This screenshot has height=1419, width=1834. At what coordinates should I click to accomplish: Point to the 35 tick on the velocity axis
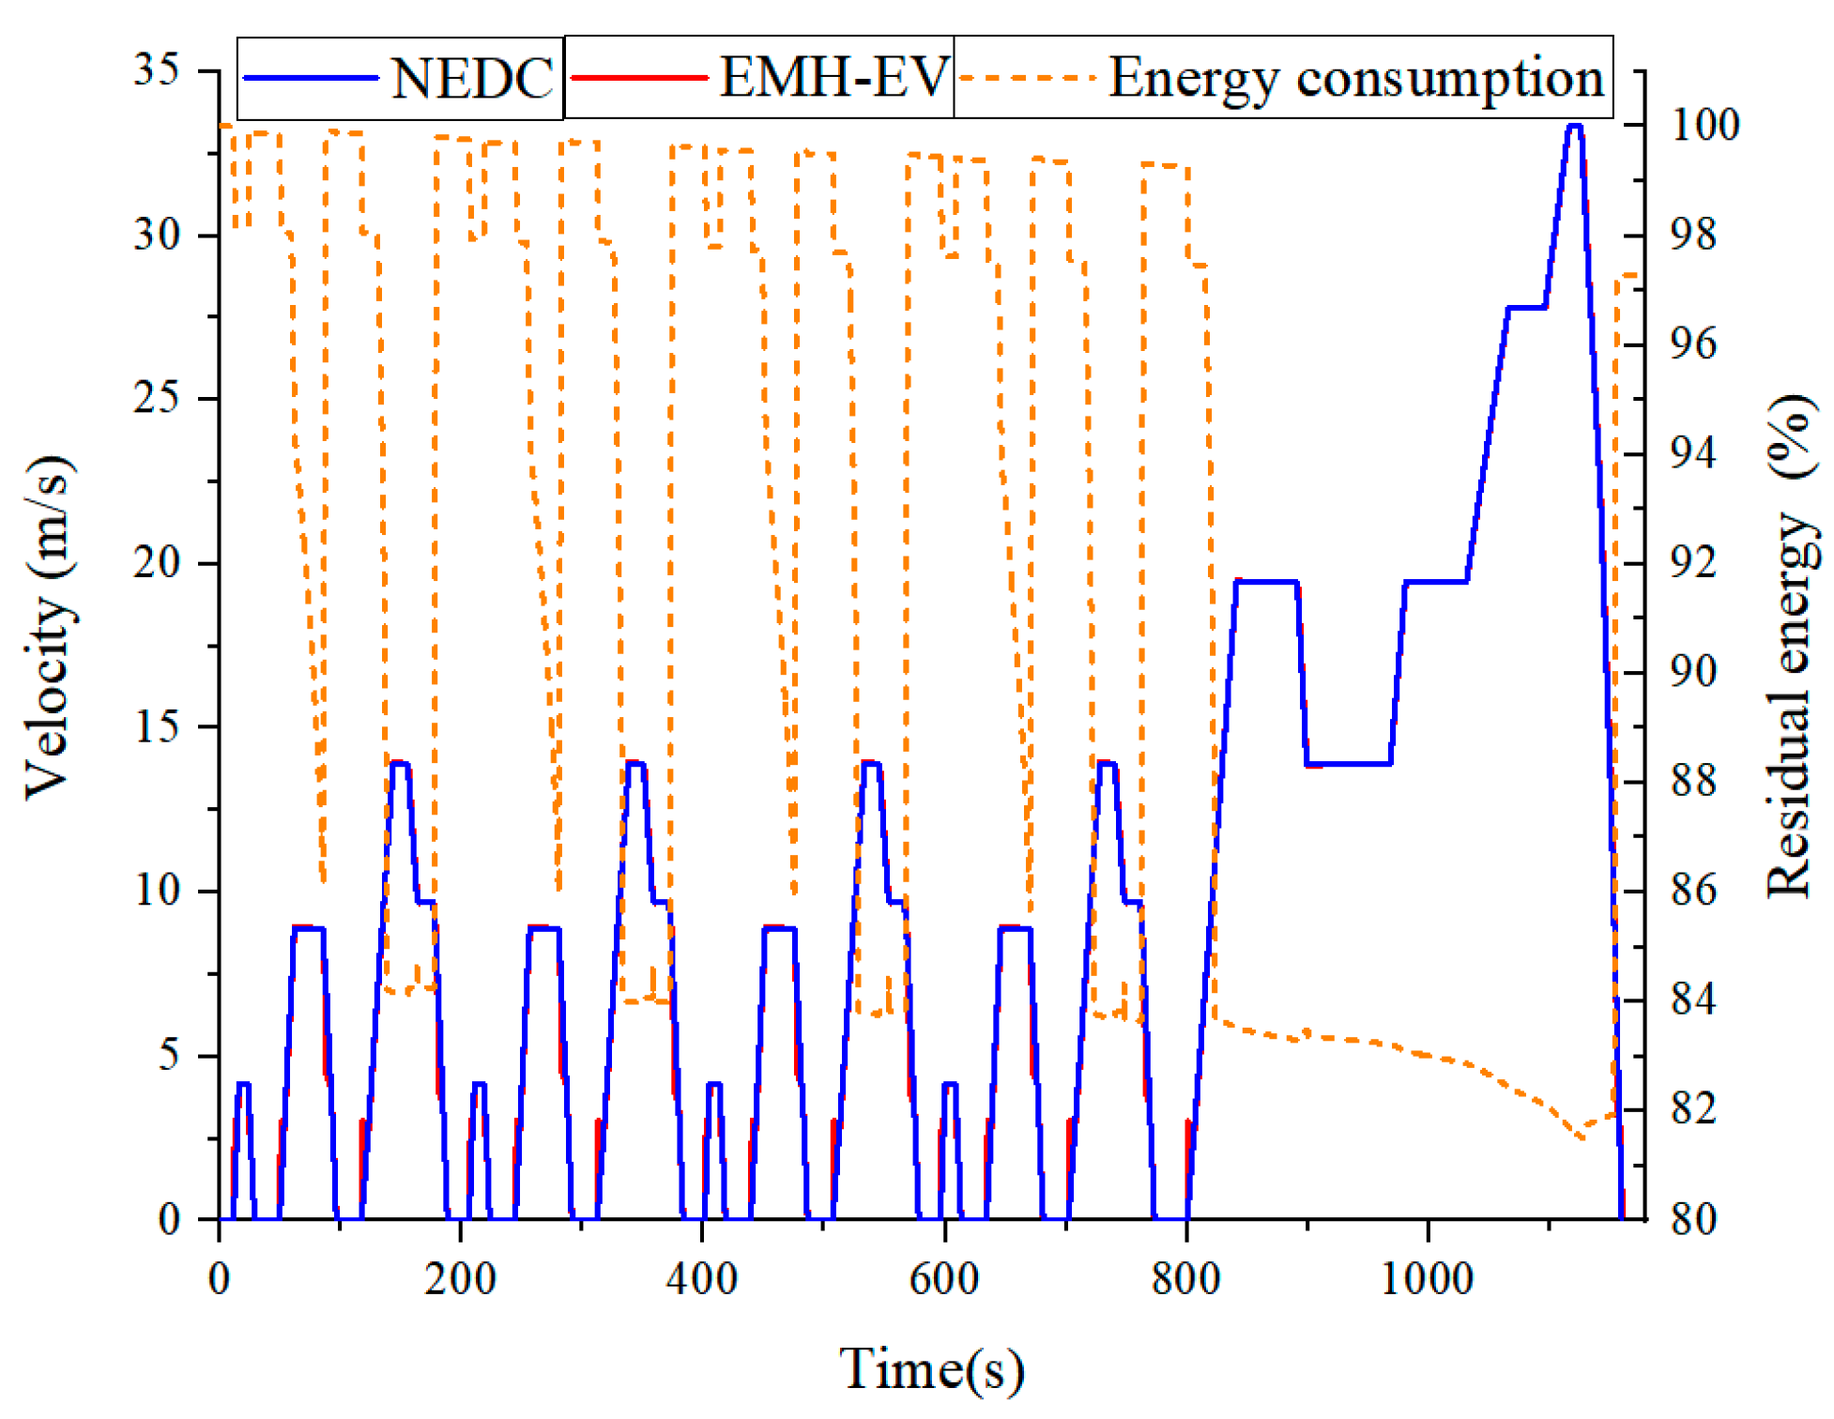click(157, 70)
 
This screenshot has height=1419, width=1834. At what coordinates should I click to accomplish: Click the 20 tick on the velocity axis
click(157, 563)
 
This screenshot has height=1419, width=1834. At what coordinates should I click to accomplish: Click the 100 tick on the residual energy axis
click(1704, 125)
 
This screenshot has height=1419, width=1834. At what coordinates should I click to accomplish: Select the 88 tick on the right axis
click(1693, 781)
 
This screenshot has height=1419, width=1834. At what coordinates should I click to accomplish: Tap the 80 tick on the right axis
click(1693, 1219)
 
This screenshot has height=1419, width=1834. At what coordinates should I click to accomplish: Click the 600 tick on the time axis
click(944, 1278)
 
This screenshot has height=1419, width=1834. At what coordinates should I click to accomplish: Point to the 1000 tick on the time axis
click(1427, 1278)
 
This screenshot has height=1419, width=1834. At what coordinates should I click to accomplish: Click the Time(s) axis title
click(931, 1368)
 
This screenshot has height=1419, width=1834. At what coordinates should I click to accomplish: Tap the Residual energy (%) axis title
click(1791, 646)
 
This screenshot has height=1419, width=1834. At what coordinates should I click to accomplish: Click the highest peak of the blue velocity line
click(1575, 126)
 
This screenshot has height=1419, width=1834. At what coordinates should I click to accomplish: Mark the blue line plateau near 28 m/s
click(1526, 307)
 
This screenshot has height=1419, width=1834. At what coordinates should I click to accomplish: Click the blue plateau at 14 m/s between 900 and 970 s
click(1349, 764)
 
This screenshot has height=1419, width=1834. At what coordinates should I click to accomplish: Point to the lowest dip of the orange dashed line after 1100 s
click(1582, 1138)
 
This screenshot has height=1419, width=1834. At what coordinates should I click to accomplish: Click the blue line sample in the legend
click(311, 78)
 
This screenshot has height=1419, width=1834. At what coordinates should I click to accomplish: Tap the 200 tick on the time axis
click(460, 1278)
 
